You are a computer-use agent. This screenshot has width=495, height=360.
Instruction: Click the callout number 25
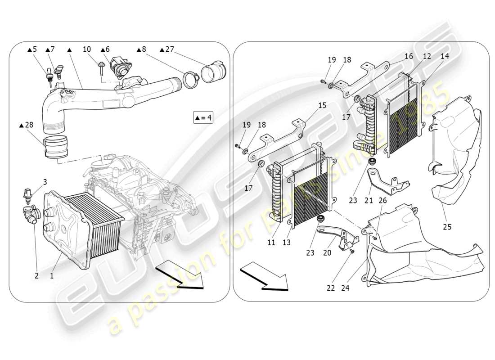[x=446, y=227]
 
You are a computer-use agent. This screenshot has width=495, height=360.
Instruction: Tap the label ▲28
[x=27, y=125]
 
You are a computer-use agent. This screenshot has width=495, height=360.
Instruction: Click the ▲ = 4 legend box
[x=203, y=118]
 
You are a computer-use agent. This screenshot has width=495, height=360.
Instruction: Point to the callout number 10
[x=87, y=49]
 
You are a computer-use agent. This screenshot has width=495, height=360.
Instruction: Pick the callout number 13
[x=286, y=243]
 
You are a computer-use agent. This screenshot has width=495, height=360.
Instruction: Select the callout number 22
[x=331, y=288]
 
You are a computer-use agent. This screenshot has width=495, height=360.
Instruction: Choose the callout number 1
[x=52, y=275]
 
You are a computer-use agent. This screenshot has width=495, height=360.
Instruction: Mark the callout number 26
[x=382, y=200]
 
